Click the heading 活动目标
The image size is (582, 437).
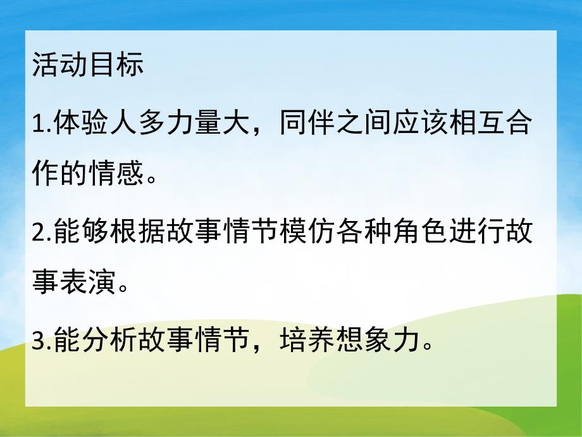point(87,65)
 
